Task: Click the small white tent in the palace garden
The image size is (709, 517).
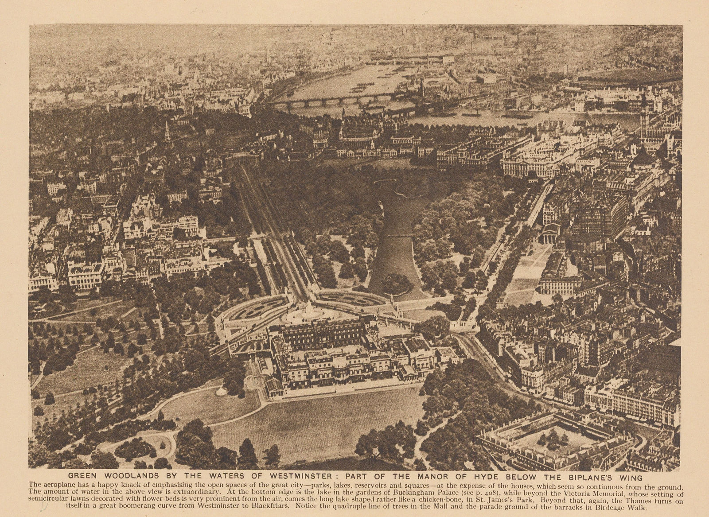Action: pos(220,391)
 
